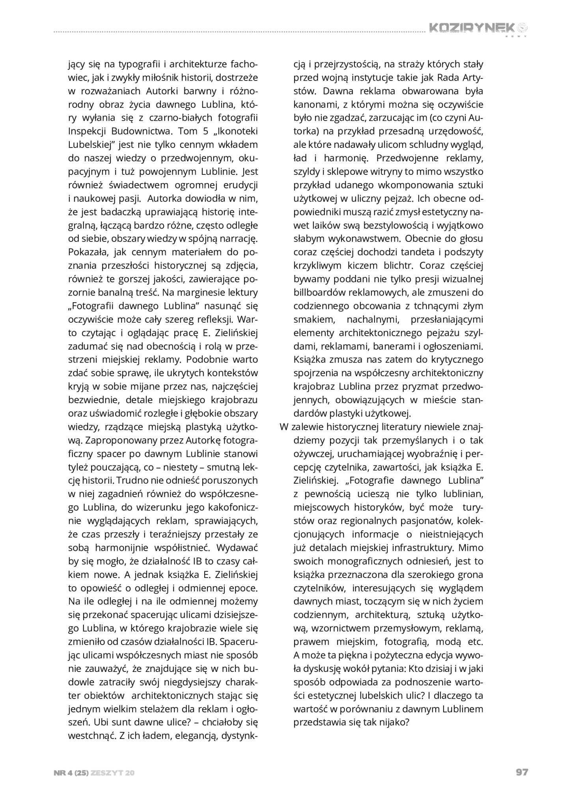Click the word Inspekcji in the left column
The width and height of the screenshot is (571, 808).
click(85, 131)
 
